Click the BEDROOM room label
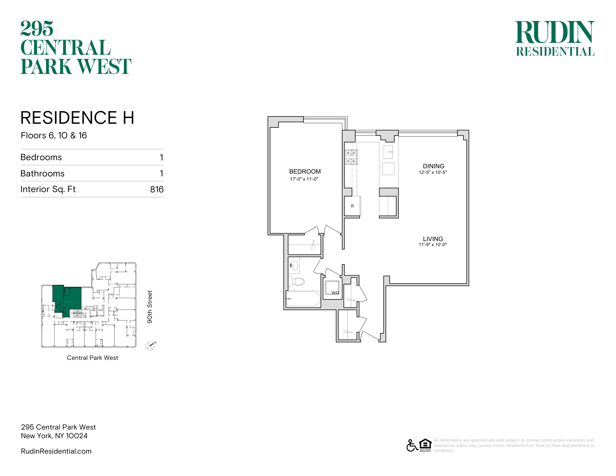305,171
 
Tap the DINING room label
433,166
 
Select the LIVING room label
433,239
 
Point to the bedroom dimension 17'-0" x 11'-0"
304,179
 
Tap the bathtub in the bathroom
304,299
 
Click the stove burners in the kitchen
351,157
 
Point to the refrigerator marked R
352,206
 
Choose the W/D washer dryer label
335,293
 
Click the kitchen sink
388,152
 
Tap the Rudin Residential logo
555,38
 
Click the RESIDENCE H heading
77,118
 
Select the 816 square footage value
157,189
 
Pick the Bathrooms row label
43,173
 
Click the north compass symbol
150,346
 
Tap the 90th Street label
150,307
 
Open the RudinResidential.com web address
56,451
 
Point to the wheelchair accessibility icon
412,445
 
